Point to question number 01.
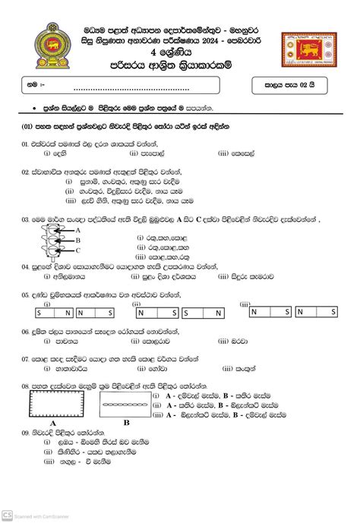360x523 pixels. (26, 143)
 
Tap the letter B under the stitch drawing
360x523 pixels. (126, 422)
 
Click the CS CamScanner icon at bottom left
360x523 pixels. (7, 515)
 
